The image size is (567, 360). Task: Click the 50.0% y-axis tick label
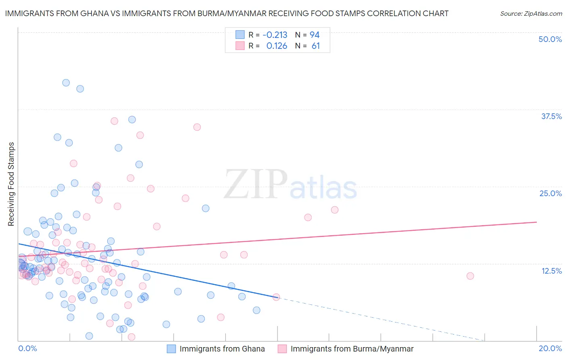pos(550,39)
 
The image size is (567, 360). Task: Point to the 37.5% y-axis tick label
pos(551,116)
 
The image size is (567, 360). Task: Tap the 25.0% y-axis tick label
pos(550,193)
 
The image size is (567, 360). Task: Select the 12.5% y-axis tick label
pos(551,271)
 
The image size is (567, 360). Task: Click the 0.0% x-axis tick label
pos(27,348)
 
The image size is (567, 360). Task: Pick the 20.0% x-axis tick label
pos(550,348)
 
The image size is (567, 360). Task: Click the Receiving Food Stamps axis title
pos(11,184)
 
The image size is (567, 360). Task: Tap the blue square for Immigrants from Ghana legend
pos(171,349)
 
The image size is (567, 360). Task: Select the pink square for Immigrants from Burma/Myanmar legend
pos(282,349)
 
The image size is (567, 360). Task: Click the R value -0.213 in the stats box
pos(275,35)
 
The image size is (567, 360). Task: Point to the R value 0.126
pos(277,46)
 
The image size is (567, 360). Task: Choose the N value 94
pos(315,35)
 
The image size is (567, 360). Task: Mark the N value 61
pos(316,46)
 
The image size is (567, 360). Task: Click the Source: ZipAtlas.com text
pos(531,14)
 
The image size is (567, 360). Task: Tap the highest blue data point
pos(66,83)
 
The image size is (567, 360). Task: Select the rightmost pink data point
pos(470,276)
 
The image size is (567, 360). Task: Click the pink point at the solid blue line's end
pos(276,297)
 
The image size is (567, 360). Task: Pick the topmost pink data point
pos(115,121)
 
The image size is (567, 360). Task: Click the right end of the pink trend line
pos(536,222)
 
